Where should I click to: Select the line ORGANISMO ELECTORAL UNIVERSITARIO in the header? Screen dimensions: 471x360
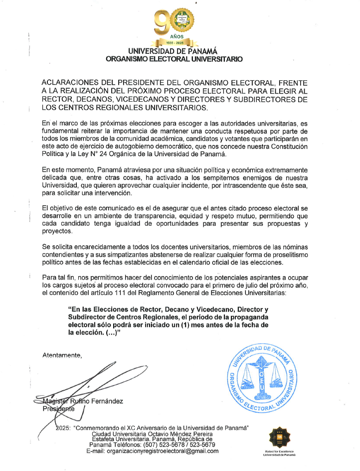coord(175,59)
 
